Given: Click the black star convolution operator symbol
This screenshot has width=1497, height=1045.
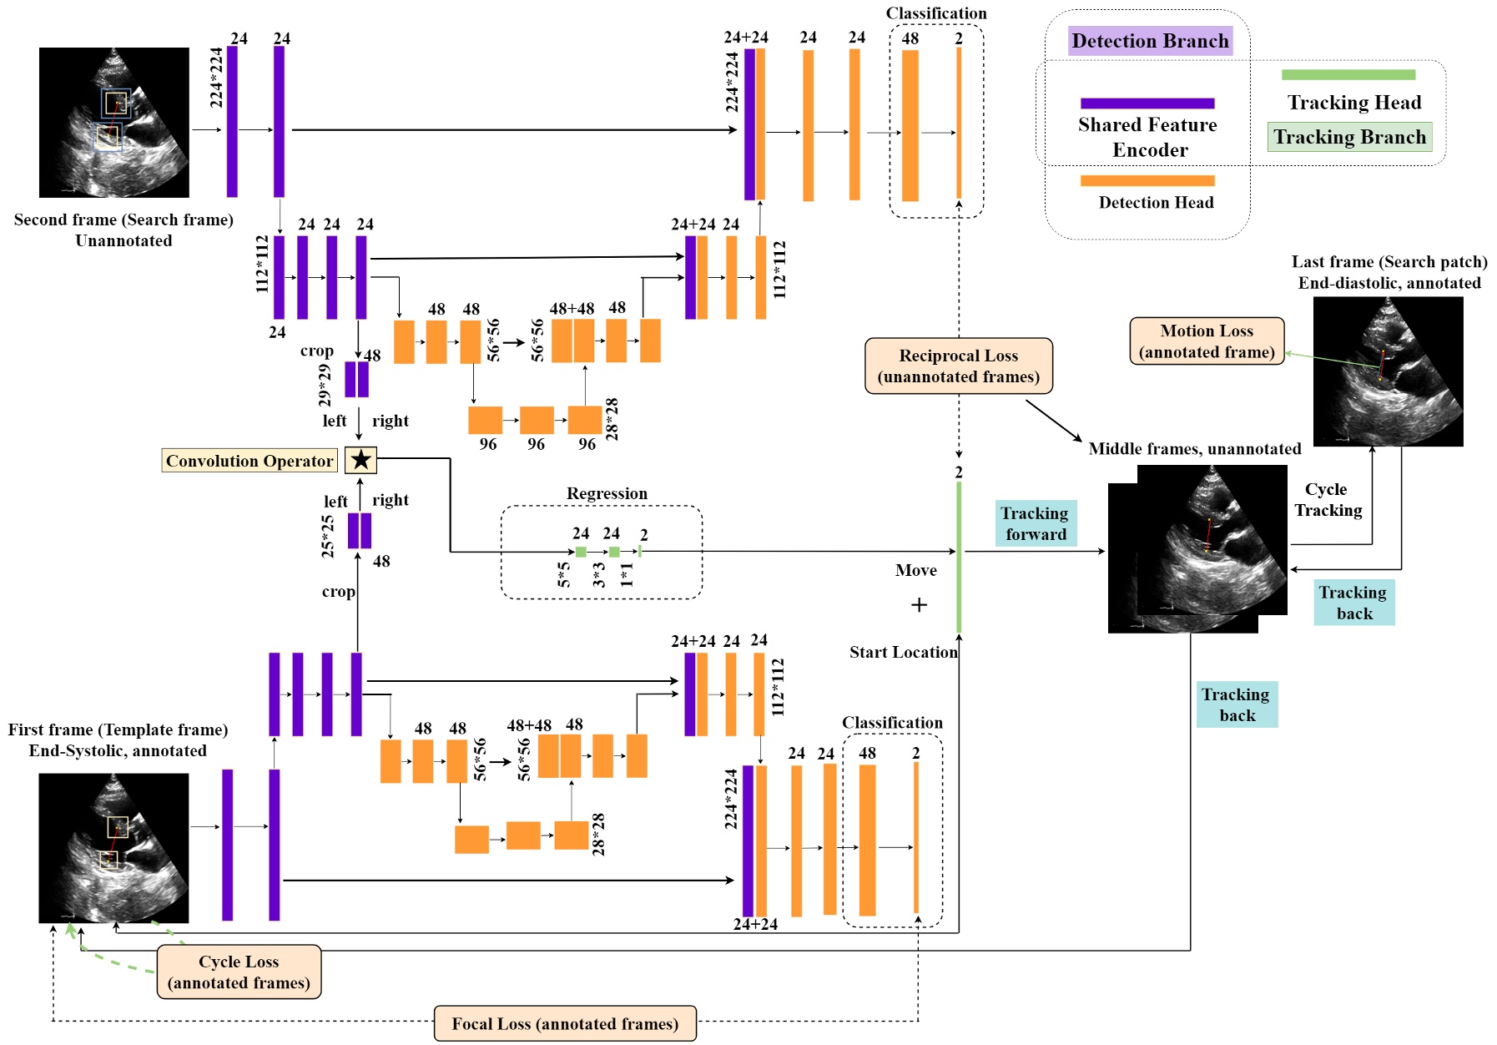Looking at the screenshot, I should point(360,460).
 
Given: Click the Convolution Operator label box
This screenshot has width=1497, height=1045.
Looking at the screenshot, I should point(249,461).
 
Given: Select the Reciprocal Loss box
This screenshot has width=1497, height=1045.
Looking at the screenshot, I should point(958,366).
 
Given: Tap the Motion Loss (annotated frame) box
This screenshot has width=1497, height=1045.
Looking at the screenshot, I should point(1207,341).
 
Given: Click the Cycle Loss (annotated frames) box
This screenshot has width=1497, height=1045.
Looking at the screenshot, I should point(239,972).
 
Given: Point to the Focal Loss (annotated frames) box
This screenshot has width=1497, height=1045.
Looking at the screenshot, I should point(565,1023).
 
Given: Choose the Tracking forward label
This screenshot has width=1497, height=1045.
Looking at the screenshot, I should point(1036,523).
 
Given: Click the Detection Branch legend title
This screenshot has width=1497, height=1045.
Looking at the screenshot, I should point(1150,41).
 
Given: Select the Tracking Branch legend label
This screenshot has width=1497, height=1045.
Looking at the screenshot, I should point(1349,137).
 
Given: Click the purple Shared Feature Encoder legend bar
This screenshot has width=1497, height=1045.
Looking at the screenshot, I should point(1147,103).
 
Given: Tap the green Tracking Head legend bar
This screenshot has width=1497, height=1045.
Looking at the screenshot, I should point(1348,75).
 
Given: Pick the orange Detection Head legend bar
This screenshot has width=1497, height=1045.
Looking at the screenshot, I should point(1147,180).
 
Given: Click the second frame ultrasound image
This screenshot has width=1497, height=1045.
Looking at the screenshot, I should point(114,123).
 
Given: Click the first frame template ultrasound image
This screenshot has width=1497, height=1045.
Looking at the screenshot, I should point(113,847).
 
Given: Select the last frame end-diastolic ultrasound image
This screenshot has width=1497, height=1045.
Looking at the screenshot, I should point(1388,371).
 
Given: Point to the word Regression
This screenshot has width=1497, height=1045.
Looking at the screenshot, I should point(607,493).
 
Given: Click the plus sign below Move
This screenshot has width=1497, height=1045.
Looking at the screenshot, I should point(919,604).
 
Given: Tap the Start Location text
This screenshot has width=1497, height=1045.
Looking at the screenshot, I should point(903,652).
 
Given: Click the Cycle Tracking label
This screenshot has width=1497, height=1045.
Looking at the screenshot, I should point(1328,499).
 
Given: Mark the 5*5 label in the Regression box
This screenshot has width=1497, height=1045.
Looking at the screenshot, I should point(564,574).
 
